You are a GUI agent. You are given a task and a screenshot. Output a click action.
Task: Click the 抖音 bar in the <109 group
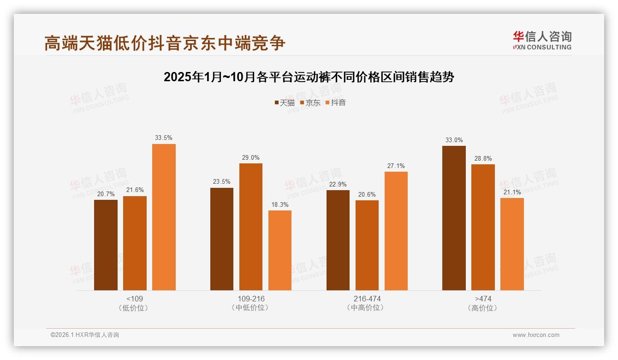coord(164,217)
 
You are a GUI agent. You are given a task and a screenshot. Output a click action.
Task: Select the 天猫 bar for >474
coord(454,218)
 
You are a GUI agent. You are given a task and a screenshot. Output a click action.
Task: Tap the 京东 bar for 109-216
coord(250,227)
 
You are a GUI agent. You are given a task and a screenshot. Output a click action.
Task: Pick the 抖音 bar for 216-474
coord(396,231)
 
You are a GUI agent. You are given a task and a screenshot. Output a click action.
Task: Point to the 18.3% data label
coord(280,204)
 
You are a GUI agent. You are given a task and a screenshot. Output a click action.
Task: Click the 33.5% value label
coord(164,138)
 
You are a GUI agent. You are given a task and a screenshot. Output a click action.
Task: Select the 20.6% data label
coord(367,194)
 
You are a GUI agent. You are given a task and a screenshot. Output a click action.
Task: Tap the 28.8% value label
coord(483,158)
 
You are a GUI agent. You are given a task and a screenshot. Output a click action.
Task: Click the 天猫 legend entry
coord(285,102)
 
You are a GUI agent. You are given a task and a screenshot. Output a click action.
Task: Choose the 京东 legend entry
coord(310,102)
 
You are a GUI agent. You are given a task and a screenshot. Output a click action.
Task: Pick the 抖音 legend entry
coord(336,102)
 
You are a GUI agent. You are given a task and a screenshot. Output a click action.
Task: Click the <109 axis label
coord(134,299)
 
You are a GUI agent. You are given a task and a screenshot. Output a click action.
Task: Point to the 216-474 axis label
coord(367,299)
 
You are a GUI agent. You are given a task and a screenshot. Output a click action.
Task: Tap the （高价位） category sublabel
coord(483,308)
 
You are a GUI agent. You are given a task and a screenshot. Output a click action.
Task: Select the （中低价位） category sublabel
coord(250,308)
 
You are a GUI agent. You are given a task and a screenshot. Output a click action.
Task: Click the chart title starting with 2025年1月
coord(309,77)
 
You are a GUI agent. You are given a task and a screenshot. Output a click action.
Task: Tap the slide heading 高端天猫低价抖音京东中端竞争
coord(165,43)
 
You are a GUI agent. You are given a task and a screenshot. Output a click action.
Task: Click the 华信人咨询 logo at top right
coord(542,41)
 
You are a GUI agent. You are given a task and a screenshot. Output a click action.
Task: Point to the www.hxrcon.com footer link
coord(536,335)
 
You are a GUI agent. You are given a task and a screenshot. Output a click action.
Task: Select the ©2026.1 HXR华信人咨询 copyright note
coord(85,335)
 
